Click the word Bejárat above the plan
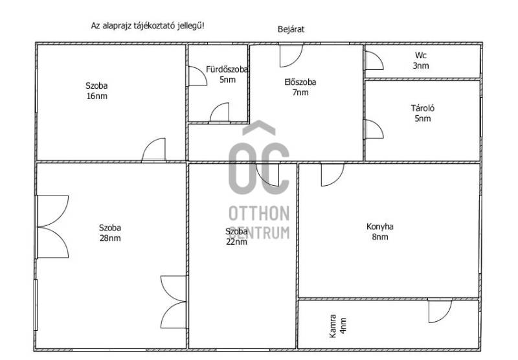point(291,29)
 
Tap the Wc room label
point(420,55)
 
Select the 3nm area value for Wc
point(420,66)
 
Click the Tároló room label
point(423,108)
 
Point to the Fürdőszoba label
point(227,69)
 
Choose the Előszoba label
point(300,82)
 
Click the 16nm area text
point(96,96)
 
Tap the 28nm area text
point(110,238)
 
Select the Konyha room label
point(379,227)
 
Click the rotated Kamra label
point(333,326)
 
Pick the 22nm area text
point(236,242)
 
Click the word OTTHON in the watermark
point(259,214)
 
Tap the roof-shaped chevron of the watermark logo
point(259,128)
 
